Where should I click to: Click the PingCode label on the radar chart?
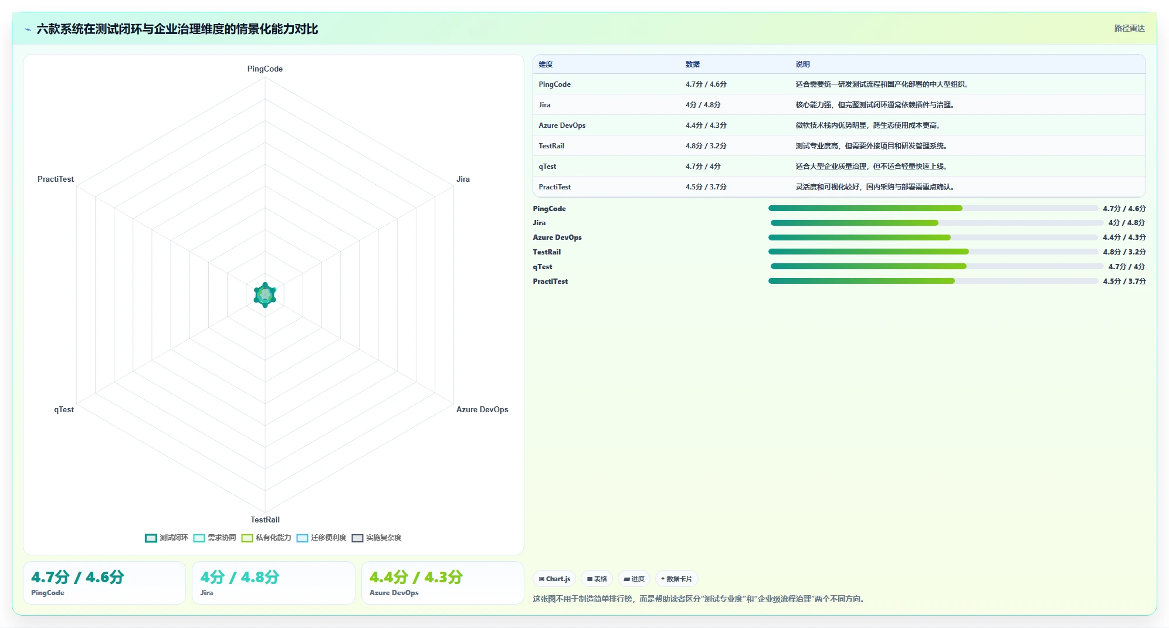click(x=265, y=69)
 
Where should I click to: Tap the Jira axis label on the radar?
click(x=463, y=179)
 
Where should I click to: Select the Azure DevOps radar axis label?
click(x=482, y=409)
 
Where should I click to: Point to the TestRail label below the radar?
click(x=265, y=520)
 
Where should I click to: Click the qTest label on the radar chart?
click(x=64, y=409)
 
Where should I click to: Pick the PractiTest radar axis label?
click(x=56, y=179)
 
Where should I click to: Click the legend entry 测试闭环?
click(x=167, y=538)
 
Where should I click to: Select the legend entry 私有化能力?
click(x=266, y=538)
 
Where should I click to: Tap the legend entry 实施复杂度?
click(x=377, y=538)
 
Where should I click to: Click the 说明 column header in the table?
click(x=802, y=65)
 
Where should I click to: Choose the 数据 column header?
click(x=693, y=65)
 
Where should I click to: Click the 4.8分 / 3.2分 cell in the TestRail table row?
click(x=706, y=146)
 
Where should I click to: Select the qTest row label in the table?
click(x=547, y=167)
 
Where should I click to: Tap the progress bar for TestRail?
click(x=933, y=252)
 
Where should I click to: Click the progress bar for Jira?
click(x=937, y=223)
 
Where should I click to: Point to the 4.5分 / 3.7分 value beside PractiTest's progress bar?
click(x=1124, y=281)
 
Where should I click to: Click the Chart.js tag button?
click(x=554, y=579)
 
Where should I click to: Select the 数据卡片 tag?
click(x=676, y=579)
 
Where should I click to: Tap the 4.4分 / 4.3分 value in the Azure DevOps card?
click(x=416, y=577)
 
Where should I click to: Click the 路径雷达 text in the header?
click(x=1129, y=28)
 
